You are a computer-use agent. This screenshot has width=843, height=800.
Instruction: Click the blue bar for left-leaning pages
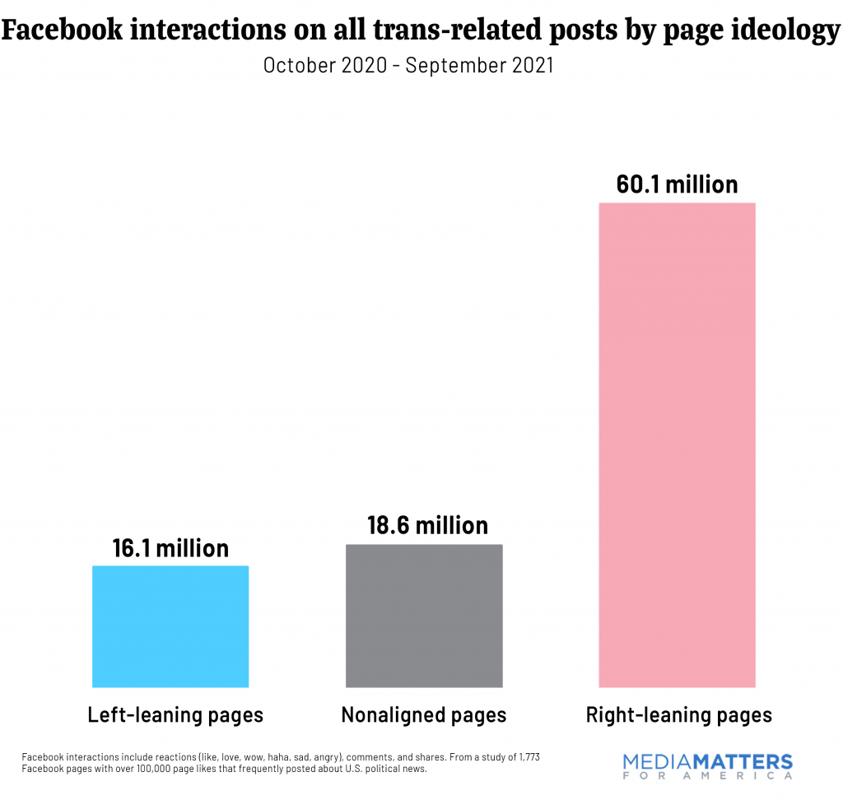[170, 626]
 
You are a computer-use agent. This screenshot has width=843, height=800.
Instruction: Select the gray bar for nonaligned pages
[424, 615]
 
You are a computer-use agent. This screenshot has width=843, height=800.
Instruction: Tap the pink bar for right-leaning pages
[677, 444]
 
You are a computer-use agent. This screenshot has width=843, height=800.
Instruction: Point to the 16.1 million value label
[170, 548]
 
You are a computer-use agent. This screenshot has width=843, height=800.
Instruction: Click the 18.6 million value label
[427, 525]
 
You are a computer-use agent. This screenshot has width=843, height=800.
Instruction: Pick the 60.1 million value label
[677, 184]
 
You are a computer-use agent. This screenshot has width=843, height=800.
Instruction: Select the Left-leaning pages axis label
[175, 714]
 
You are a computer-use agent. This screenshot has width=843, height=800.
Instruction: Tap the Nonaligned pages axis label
[424, 714]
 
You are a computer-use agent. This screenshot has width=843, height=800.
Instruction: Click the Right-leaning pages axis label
[678, 714]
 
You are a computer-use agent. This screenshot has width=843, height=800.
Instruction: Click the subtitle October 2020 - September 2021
[408, 66]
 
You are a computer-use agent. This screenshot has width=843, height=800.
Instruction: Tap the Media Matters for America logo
[708, 765]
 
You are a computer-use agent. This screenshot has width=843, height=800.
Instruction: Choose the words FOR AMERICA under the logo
[708, 776]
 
